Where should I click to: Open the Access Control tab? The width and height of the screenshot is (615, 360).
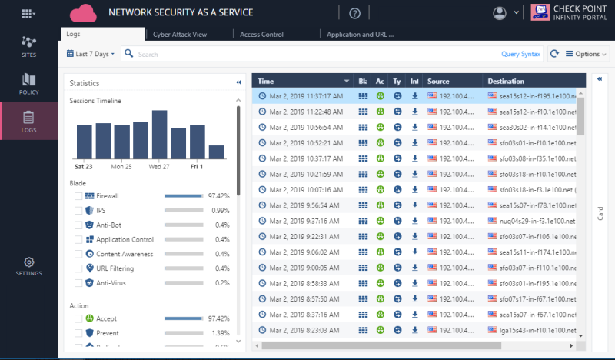click(261, 35)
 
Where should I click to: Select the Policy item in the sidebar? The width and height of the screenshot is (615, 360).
click(28, 84)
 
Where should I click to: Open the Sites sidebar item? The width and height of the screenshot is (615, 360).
click(28, 45)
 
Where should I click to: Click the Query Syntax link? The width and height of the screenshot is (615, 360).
click(521, 55)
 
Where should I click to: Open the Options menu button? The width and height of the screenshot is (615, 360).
click(586, 55)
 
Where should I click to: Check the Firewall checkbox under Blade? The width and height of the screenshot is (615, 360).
click(78, 196)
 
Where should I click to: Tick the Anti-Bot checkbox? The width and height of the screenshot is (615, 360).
click(78, 225)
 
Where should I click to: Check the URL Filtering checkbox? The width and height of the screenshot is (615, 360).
click(78, 268)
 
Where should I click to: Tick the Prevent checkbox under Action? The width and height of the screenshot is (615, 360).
click(78, 333)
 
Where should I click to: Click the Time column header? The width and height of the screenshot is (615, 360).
click(300, 81)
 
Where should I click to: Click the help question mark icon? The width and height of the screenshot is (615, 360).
click(354, 13)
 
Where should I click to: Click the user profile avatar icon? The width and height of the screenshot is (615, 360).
click(500, 13)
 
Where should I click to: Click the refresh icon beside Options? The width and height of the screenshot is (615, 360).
click(554, 55)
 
